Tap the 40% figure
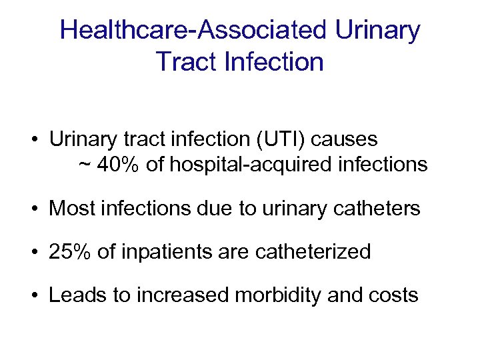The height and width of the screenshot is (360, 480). point(118,165)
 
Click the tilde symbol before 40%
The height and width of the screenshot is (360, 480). point(85,165)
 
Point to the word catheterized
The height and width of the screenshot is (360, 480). point(313,251)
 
